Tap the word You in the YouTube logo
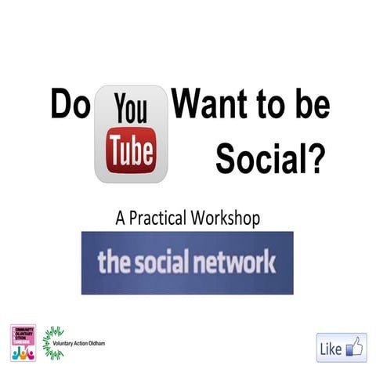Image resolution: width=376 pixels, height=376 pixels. (x=130, y=110)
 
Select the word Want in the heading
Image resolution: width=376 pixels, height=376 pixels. (x=209, y=105)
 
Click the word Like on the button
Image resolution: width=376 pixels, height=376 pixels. (x=331, y=349)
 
